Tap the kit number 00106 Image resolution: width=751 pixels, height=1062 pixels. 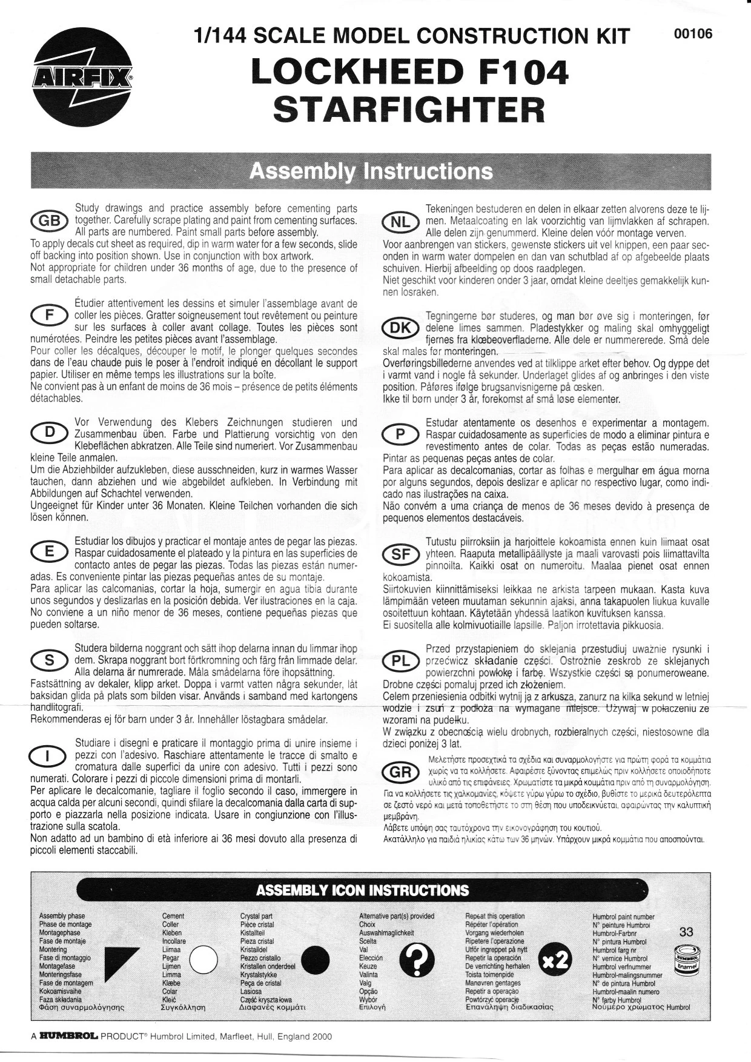click(693, 34)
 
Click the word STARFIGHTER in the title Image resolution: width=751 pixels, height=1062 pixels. click(409, 108)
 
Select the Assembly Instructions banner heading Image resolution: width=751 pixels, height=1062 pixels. click(371, 171)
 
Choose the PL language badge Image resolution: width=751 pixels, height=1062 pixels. click(400, 662)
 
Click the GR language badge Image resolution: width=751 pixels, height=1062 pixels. click(400, 773)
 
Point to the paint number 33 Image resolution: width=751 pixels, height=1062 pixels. click(686, 932)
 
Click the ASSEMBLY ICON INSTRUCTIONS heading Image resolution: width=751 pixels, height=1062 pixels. click(362, 890)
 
